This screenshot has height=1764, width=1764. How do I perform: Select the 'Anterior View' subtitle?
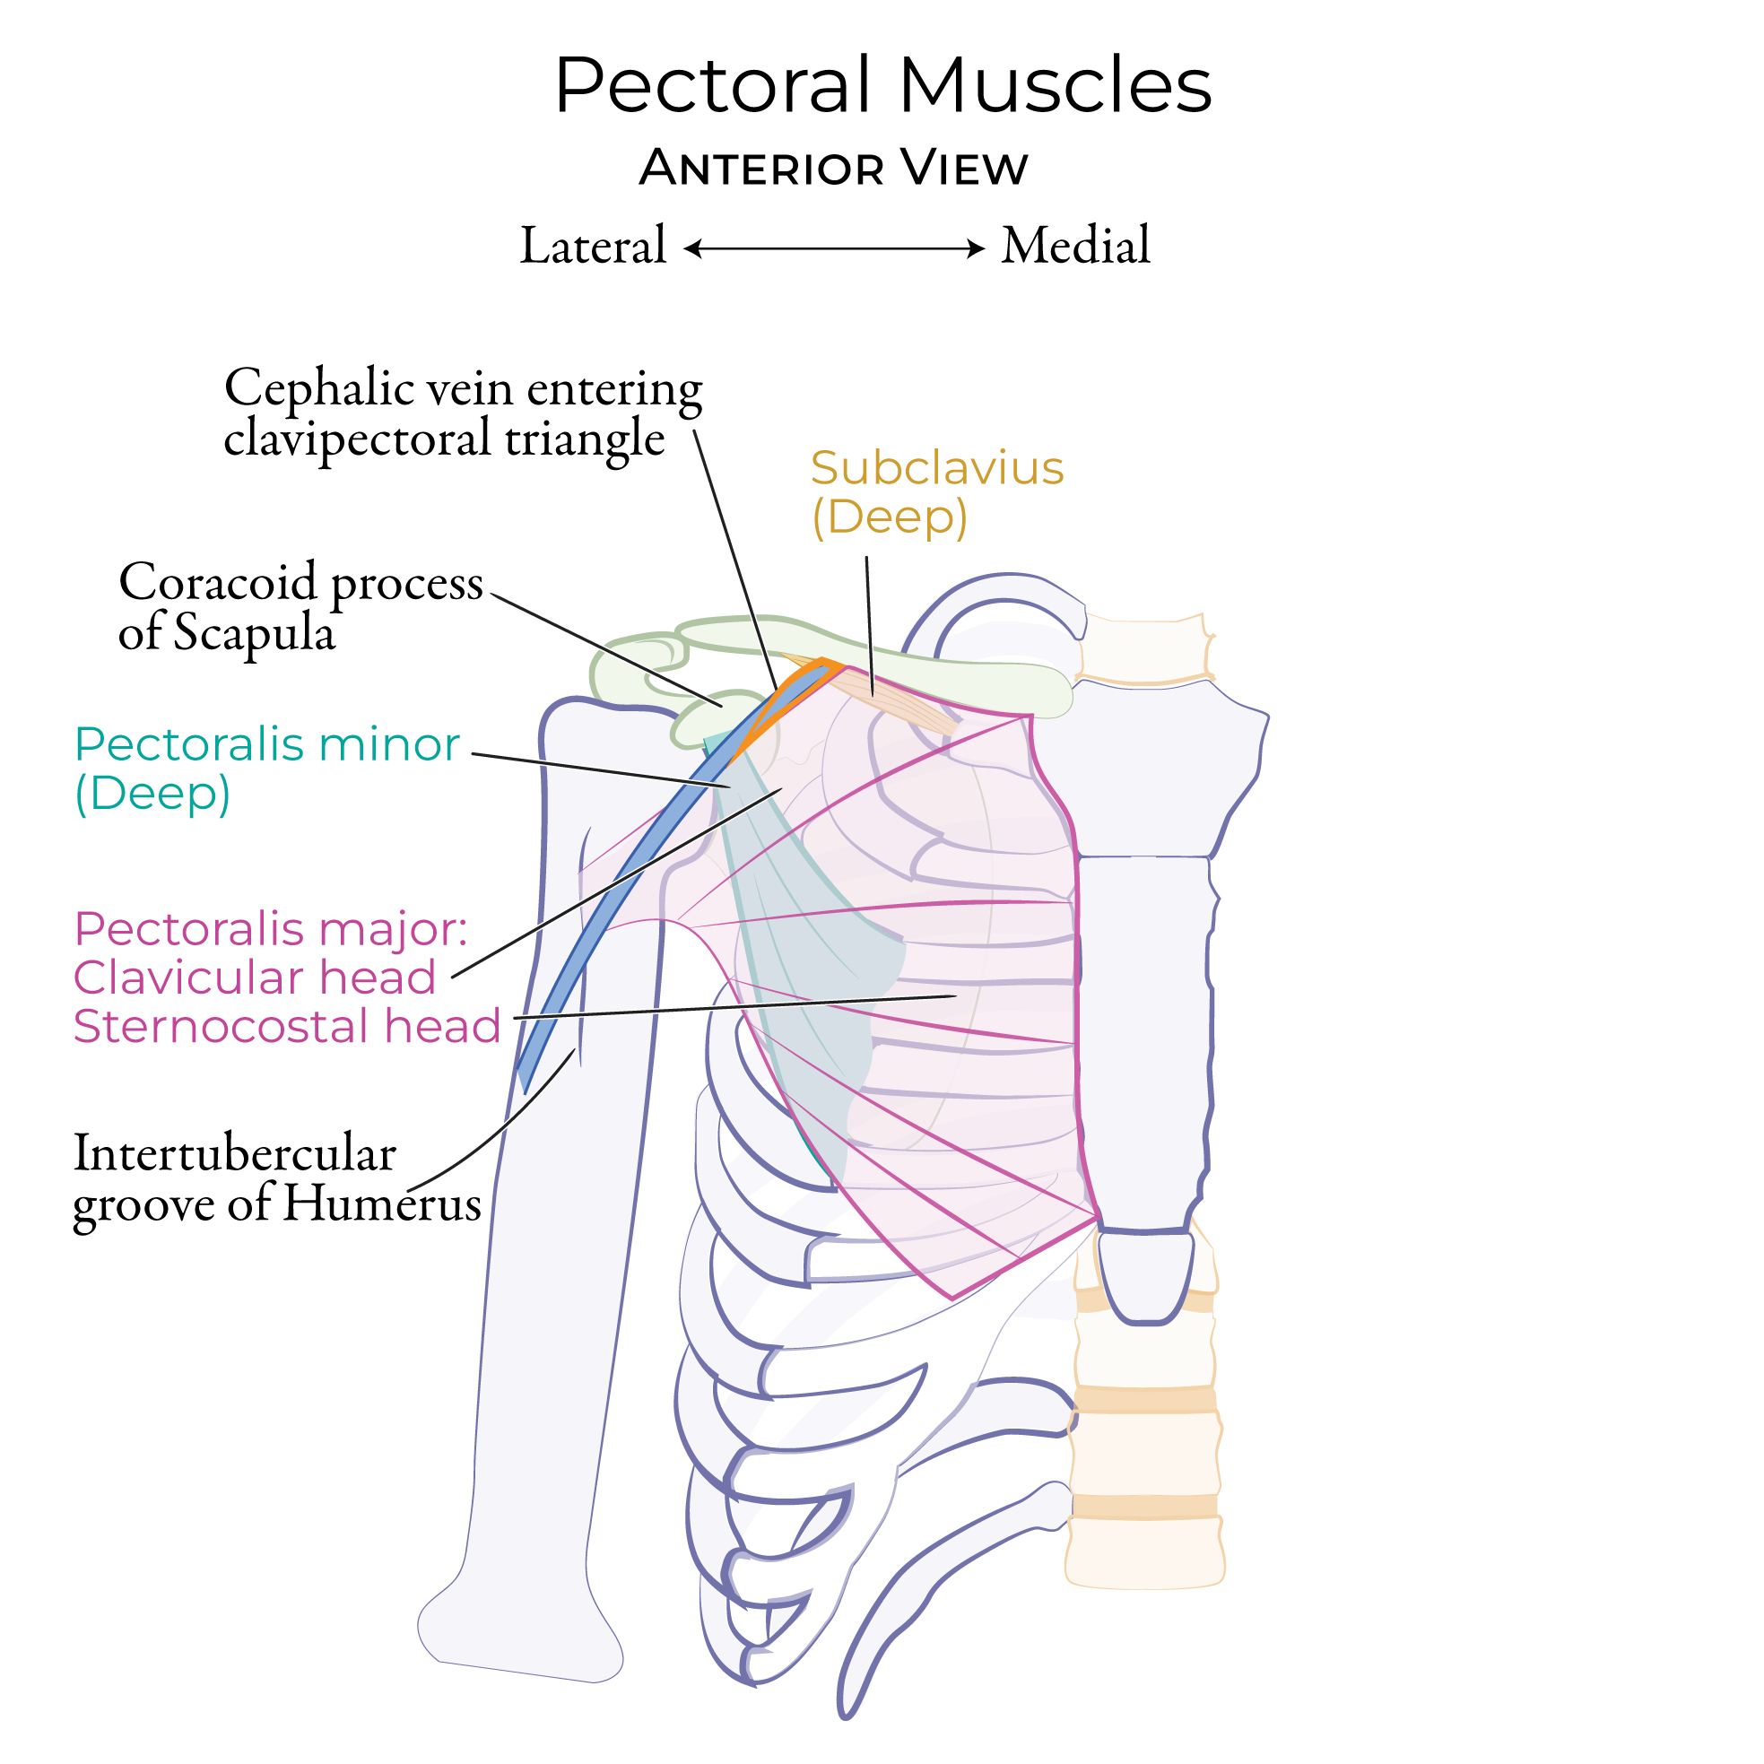click(833, 168)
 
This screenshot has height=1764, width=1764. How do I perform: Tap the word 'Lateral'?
click(593, 247)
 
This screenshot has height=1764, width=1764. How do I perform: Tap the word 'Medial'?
click(1074, 247)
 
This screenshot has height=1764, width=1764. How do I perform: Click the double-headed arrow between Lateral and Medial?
click(834, 248)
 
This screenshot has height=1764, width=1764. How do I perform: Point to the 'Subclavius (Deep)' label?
click(936, 492)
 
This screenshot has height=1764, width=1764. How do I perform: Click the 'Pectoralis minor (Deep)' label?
click(265, 769)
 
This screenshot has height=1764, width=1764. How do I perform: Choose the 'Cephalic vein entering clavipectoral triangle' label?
click(462, 413)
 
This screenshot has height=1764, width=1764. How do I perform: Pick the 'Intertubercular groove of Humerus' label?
click(275, 1177)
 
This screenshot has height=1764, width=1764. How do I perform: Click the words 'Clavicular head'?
click(255, 978)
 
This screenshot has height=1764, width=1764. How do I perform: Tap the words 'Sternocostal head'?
click(287, 1026)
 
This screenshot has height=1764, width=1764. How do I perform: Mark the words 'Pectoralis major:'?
click(270, 929)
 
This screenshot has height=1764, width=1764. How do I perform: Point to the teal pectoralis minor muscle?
click(804, 959)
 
